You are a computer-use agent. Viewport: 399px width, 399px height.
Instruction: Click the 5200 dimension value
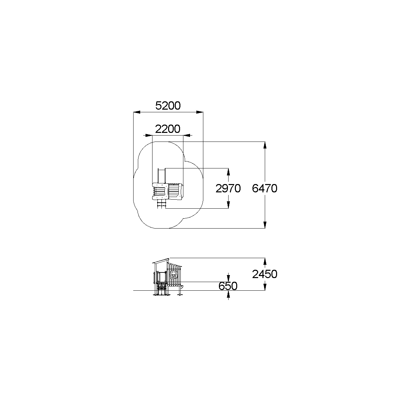168,106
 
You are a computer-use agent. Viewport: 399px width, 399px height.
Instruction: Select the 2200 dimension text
168,129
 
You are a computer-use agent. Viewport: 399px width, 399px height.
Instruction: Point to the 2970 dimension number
228,188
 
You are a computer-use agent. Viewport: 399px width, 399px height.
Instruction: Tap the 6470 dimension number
265,188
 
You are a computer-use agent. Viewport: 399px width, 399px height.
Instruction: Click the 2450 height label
265,274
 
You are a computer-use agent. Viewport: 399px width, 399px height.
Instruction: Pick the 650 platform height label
228,286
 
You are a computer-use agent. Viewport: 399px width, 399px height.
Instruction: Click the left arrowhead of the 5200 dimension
137,112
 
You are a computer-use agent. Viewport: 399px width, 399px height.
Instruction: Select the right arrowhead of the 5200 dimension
200,112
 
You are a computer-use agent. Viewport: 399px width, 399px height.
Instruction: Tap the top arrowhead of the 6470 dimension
265,145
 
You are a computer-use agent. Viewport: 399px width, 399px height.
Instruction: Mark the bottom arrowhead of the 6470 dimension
265,225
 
